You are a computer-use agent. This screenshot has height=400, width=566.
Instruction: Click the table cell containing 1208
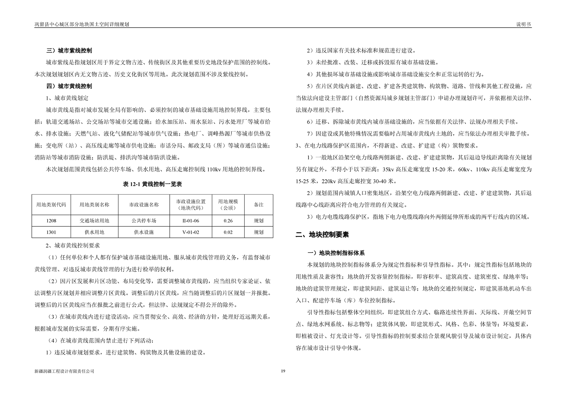[51, 221]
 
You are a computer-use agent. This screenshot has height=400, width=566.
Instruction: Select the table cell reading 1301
[51, 232]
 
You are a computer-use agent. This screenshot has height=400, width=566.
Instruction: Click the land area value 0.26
[228, 221]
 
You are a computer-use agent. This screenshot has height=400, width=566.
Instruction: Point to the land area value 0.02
[228, 232]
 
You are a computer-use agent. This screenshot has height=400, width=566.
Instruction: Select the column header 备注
[259, 205]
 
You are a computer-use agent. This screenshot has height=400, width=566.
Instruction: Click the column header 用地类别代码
[51, 205]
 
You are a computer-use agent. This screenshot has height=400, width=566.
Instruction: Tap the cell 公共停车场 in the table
[144, 221]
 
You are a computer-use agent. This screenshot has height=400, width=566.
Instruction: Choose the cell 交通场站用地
[94, 221]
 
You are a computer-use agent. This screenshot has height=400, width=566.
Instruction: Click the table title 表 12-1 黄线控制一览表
[152, 184]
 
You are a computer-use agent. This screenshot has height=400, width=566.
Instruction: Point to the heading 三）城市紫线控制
[69, 51]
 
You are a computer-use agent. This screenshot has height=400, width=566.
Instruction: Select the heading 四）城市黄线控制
[69, 86]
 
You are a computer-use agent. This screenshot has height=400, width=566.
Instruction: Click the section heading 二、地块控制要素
[322, 235]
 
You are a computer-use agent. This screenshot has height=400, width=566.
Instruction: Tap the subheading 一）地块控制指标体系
[336, 253]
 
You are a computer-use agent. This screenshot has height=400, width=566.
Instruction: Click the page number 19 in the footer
[283, 371]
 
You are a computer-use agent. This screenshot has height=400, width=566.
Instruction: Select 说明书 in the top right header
[524, 24]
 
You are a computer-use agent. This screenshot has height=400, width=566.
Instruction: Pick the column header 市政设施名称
[144, 205]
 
